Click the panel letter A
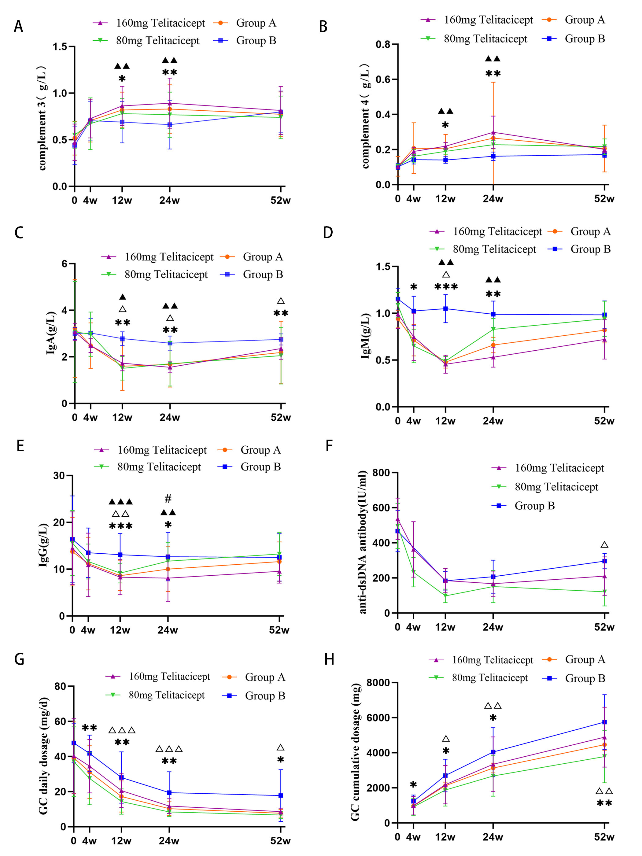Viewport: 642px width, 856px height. click(18, 27)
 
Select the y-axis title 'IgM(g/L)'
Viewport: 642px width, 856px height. click(365, 336)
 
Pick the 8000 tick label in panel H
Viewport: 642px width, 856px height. click(378, 683)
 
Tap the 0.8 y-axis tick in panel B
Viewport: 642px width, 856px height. click(383, 45)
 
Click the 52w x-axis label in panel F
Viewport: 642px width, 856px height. click(604, 627)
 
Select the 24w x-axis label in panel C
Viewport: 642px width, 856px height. click(169, 418)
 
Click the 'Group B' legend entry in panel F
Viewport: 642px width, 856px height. click(534, 506)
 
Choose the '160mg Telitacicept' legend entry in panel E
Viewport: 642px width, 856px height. click(162, 450)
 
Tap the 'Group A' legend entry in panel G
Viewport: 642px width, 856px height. click(265, 677)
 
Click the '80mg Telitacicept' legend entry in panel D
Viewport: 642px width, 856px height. click(494, 249)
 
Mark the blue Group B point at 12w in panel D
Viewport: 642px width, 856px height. click(445, 308)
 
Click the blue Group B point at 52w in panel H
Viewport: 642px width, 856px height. click(604, 722)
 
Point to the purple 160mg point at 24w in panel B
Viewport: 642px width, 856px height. click(493, 132)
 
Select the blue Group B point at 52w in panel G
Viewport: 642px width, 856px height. click(281, 796)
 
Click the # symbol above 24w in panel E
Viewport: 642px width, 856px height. click(168, 499)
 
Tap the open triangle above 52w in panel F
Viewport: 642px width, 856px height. click(604, 545)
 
